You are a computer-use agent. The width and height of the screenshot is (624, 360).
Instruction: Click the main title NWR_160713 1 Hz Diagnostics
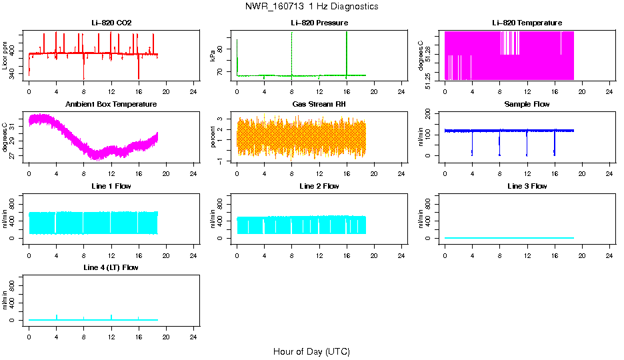pos(311,7)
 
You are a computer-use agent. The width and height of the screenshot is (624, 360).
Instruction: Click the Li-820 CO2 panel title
pos(111,23)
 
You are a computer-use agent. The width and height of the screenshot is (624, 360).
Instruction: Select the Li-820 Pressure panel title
pos(319,23)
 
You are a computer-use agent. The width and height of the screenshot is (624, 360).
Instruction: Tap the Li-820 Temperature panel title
pos(527,23)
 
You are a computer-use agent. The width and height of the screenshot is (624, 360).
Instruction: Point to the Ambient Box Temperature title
pos(111,105)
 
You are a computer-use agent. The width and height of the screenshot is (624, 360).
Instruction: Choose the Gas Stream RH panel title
pos(319,105)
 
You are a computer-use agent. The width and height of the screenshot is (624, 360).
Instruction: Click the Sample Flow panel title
pos(527,105)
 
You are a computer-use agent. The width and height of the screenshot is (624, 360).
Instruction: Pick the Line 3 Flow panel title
pos(527,186)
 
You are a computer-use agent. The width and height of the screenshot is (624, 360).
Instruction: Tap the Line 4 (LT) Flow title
pos(111,267)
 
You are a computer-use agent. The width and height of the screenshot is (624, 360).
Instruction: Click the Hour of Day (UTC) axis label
pos(311,351)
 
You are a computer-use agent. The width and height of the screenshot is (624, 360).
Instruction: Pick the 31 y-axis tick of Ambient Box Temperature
pos(15,125)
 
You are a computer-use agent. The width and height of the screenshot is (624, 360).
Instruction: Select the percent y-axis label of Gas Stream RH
pos(213,137)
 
